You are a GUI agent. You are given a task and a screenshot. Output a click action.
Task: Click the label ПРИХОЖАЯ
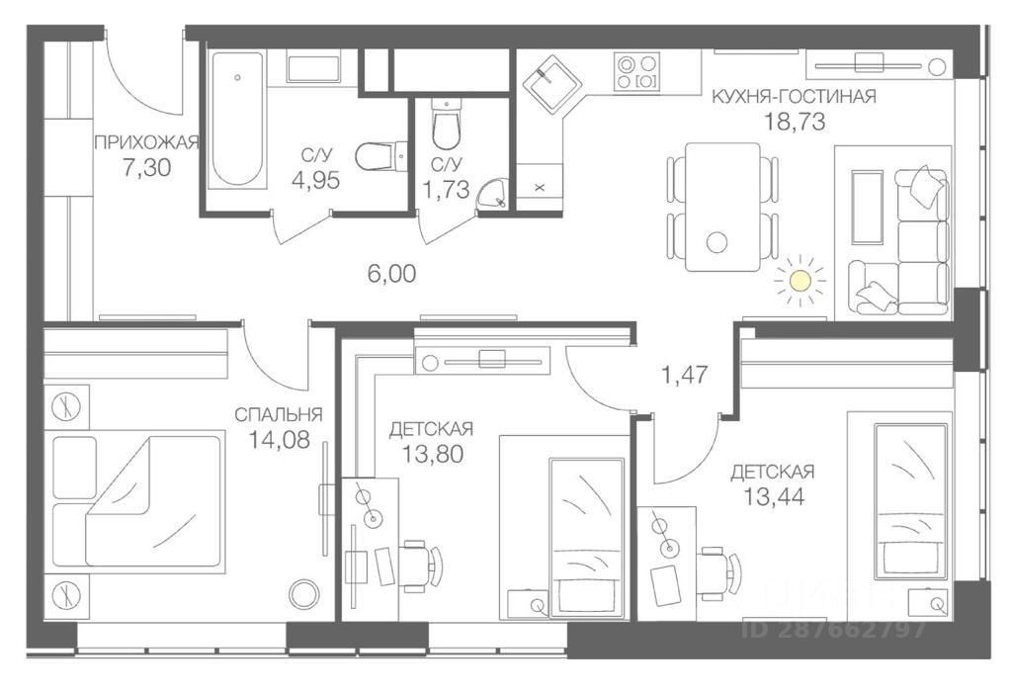point(146,141)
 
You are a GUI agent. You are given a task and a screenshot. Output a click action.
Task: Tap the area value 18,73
point(794,122)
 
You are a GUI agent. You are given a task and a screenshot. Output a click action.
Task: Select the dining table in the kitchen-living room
point(723,206)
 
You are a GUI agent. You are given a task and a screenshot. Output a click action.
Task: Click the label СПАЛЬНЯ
point(278,414)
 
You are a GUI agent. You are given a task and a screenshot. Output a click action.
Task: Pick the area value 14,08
point(278,440)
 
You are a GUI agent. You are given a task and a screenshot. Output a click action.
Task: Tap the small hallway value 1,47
point(684,375)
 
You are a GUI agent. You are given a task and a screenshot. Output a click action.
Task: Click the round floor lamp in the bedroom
point(303,594)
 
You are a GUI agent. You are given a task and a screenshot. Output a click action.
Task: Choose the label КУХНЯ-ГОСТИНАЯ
point(795,96)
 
